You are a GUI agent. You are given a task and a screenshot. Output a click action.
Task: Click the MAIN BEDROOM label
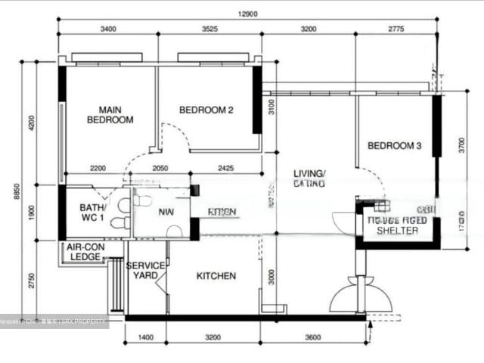pyautogui.click(x=110, y=114)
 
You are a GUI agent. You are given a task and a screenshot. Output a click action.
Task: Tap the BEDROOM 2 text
pyautogui.click(x=206, y=110)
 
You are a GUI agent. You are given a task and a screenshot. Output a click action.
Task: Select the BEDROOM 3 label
pyautogui.click(x=394, y=146)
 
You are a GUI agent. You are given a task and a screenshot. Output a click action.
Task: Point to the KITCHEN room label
pyautogui.click(x=216, y=277)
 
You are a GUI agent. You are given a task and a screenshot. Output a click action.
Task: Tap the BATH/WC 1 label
pyautogui.click(x=94, y=213)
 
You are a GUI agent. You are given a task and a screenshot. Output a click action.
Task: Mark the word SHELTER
pyautogui.click(x=397, y=231)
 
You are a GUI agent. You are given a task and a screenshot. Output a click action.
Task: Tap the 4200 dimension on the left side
pyautogui.click(x=32, y=122)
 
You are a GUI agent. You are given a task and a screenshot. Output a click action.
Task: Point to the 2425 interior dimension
pyautogui.click(x=225, y=168)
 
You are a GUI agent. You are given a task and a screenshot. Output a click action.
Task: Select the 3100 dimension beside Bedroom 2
pyautogui.click(x=271, y=119)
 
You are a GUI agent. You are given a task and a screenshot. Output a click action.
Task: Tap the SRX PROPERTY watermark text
pyautogui.click(x=89, y=321)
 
